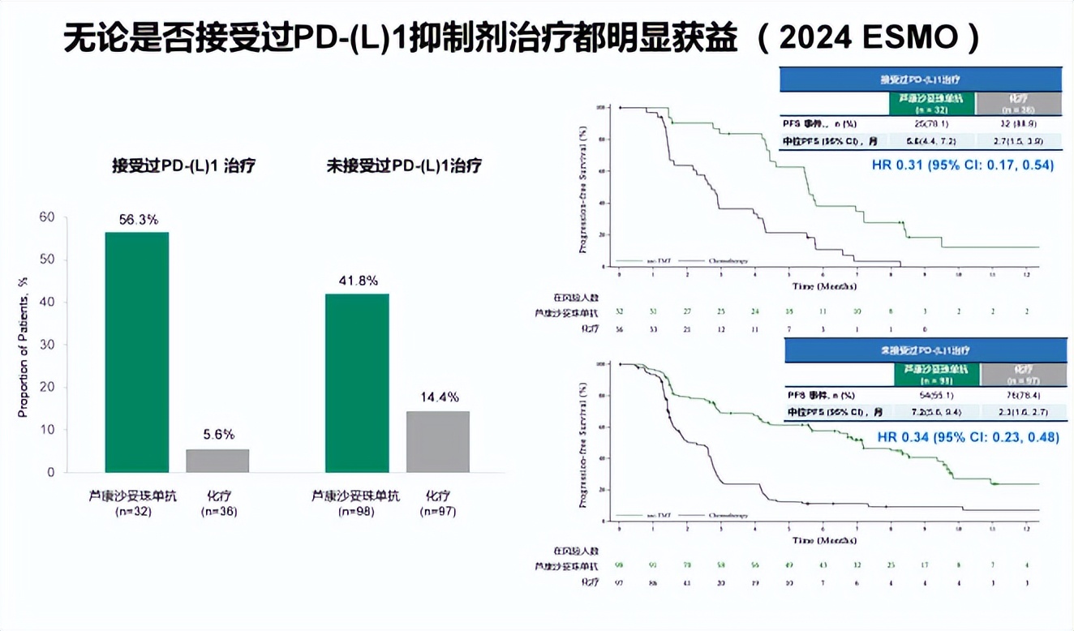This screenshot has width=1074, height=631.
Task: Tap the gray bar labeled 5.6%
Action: click(217, 461)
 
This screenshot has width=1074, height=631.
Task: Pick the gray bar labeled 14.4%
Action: click(437, 442)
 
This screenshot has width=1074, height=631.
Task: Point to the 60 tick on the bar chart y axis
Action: click(48, 217)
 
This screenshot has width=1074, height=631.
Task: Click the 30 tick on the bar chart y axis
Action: click(48, 345)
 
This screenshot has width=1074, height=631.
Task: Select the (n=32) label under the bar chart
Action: click(137, 512)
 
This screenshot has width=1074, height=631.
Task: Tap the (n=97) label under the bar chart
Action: click(438, 512)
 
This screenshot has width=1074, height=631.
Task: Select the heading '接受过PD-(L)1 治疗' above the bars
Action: click(184, 166)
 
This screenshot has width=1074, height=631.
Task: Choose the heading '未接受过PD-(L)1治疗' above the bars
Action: click(403, 166)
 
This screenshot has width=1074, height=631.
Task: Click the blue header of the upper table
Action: click(920, 79)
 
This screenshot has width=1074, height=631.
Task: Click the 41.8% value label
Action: click(357, 281)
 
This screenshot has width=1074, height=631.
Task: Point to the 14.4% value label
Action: click(438, 397)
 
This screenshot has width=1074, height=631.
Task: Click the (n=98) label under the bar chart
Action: click(357, 512)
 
